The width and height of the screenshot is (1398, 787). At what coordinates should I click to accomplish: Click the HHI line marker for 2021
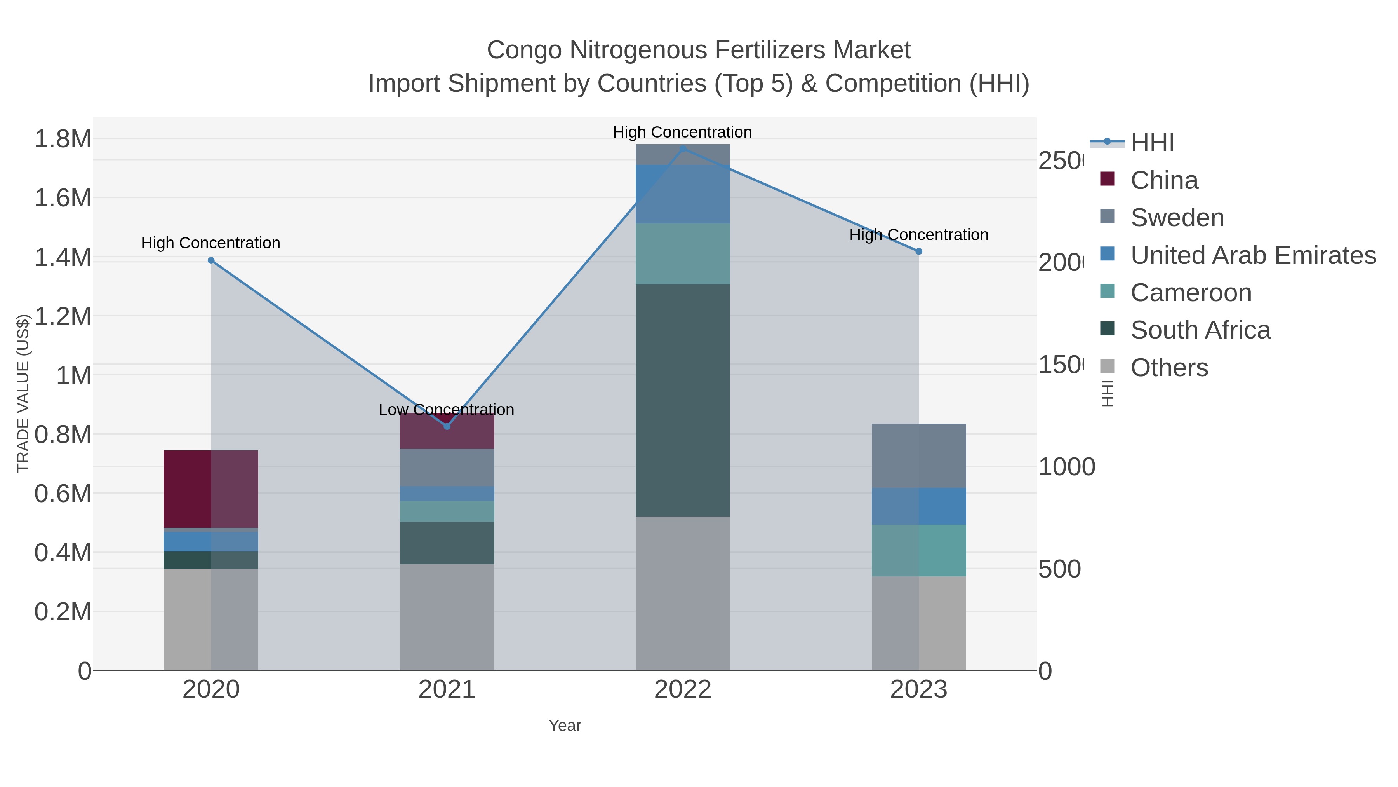click(x=447, y=426)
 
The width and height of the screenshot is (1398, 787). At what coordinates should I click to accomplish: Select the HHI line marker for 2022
click(x=683, y=149)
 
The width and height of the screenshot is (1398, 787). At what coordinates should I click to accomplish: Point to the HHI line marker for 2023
click(x=919, y=251)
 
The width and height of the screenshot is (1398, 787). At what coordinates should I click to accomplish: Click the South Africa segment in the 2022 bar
click(x=683, y=400)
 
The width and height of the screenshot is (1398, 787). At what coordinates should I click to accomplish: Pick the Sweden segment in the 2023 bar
click(x=919, y=456)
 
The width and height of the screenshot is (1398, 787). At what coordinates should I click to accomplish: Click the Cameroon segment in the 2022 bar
click(x=683, y=254)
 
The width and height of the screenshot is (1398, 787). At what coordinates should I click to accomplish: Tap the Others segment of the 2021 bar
click(x=447, y=617)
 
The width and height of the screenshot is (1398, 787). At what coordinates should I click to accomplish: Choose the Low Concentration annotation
click(x=446, y=410)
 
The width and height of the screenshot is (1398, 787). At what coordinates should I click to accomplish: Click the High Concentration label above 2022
click(x=682, y=132)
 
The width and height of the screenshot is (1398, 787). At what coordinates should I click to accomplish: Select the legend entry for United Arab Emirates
click(x=1253, y=255)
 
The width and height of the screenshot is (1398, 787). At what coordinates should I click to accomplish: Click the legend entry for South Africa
click(x=1200, y=330)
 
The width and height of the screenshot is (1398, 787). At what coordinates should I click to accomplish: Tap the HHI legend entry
click(x=1152, y=143)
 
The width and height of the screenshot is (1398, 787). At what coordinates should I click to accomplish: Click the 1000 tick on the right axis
click(x=1066, y=467)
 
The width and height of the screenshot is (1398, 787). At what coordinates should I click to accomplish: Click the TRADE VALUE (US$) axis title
click(x=23, y=393)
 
